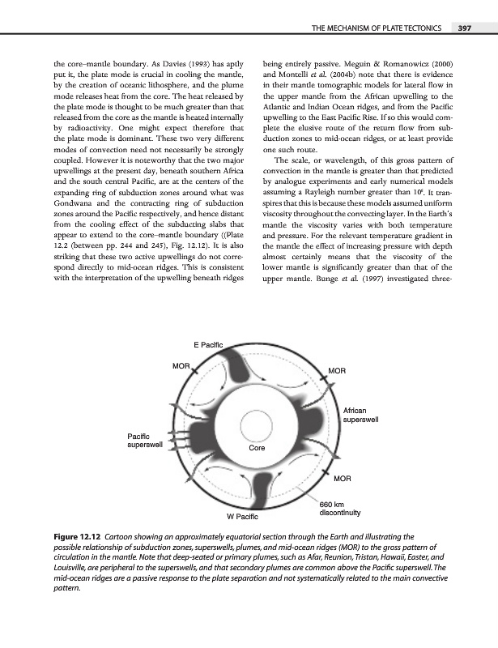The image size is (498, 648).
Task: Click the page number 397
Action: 464,29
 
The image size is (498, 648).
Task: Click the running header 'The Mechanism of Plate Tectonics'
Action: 376,29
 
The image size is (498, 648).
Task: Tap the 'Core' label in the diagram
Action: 257,447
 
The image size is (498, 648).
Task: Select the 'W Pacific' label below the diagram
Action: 242,515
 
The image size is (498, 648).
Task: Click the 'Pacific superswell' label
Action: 145,441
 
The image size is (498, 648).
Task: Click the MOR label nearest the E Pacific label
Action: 181,366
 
